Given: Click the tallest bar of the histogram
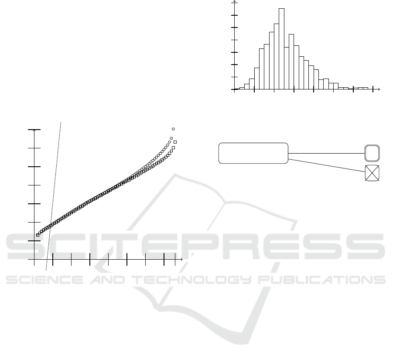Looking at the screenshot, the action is point(281,49).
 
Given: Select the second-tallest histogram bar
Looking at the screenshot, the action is point(277,56).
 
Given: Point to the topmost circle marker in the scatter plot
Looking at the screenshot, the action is point(173,129).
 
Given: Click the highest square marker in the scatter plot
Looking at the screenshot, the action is point(175,142).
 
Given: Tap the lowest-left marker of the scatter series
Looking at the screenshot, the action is point(38,235).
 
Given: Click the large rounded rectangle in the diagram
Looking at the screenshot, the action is point(253,153).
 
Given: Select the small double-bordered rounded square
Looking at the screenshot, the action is point(372,153).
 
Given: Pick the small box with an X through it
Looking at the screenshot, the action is point(372,173).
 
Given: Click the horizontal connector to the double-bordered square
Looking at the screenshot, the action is point(326,153).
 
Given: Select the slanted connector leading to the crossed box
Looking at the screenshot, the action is point(327,165).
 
